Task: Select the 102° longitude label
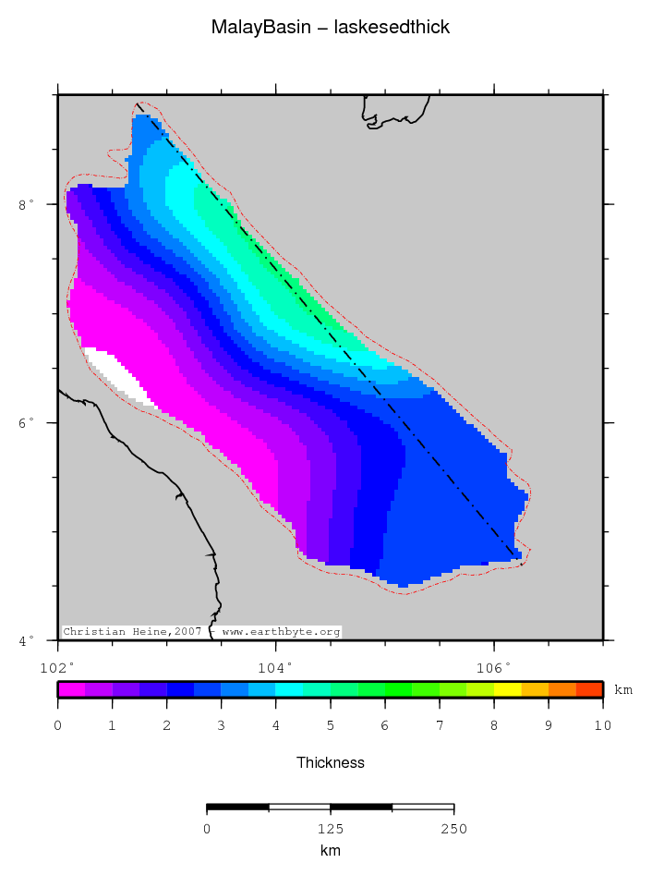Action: tap(57, 665)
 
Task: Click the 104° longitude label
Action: tap(275, 665)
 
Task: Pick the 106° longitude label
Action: tap(493, 665)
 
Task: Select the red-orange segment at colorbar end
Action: tap(588, 689)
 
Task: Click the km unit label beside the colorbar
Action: tap(623, 690)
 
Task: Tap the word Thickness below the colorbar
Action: tap(330, 763)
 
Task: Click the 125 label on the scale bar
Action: tap(330, 829)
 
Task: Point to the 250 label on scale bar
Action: tap(453, 829)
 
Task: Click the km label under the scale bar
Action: tap(330, 851)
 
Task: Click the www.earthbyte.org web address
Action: tap(281, 632)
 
